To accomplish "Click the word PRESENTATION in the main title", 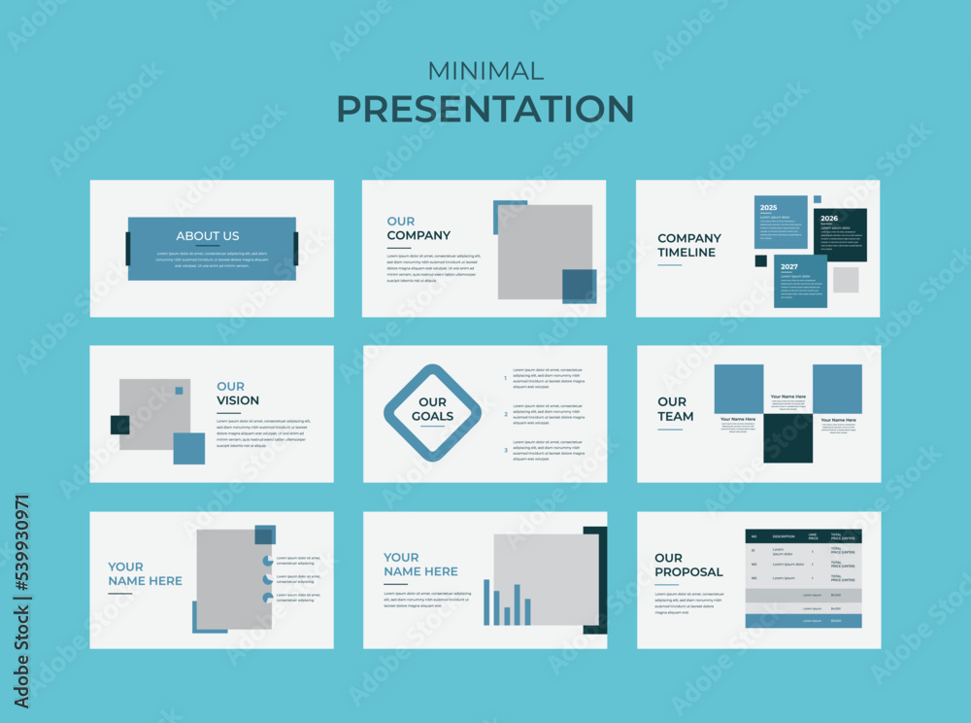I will tap(485, 108).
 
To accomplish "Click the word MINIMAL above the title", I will tap(485, 71).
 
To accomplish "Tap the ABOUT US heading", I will tap(207, 236).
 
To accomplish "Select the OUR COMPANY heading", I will tap(419, 228).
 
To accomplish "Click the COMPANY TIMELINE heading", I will tap(688, 245).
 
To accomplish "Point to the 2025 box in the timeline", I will tap(781, 222).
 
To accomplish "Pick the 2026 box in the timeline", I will tap(841, 234).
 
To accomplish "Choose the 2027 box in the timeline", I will tap(800, 281).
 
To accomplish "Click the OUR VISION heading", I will tap(238, 394).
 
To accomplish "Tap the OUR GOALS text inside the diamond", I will tap(432, 409).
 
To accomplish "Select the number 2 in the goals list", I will tap(505, 414).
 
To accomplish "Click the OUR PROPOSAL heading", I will tap(687, 565).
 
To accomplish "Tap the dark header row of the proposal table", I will tap(803, 536).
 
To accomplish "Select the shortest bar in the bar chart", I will tap(507, 615).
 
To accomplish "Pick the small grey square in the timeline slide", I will tap(845, 280).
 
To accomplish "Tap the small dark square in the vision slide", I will tap(119, 425).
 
